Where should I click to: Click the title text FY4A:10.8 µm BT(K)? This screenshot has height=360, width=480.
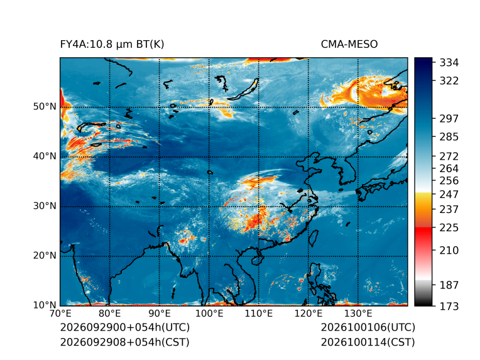pos(112,45)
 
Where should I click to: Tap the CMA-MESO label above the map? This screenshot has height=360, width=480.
pos(349,45)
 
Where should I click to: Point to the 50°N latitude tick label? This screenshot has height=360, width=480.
pos(45,107)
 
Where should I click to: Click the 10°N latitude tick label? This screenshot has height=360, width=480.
pos(45,305)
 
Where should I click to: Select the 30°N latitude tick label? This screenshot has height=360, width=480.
pos(45,205)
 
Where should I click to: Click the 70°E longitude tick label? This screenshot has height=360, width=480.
pos(60,314)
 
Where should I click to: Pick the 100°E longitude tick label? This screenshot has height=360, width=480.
pos(209,314)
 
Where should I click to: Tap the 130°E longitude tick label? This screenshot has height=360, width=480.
pos(358,314)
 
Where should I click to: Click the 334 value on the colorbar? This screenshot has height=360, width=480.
pos(449,63)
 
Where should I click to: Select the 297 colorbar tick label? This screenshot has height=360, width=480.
pos(449,119)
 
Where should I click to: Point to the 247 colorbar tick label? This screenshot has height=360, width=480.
pos(449,194)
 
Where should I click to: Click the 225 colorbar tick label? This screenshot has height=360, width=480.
pos(449,228)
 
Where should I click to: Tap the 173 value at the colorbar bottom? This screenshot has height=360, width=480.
pos(449,306)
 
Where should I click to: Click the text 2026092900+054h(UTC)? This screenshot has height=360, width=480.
pos(125,327)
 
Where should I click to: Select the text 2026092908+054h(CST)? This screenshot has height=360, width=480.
pos(125,342)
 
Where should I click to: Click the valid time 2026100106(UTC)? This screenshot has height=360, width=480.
pos(368,327)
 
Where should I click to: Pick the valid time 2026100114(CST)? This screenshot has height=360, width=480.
pos(368,342)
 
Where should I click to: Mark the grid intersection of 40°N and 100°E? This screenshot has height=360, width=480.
pos(209,157)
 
